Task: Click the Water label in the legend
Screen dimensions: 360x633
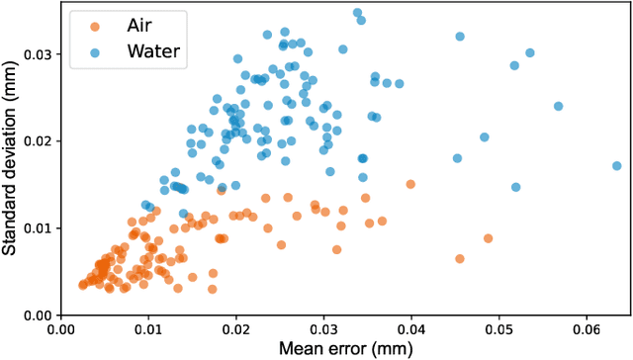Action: point(154,52)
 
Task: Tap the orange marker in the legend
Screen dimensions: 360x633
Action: point(95,28)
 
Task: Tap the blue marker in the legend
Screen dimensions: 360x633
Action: point(95,52)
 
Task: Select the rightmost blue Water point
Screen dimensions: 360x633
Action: point(616,166)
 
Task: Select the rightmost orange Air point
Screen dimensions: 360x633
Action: point(488,238)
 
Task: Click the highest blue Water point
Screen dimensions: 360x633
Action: point(357,13)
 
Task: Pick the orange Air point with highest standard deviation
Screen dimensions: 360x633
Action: point(410,184)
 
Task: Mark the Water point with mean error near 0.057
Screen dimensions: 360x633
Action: point(558,106)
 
